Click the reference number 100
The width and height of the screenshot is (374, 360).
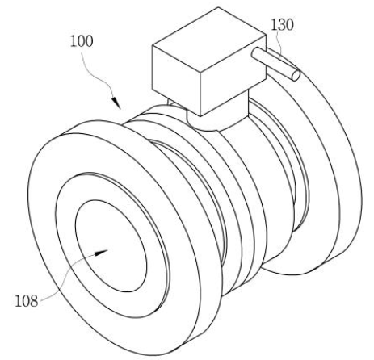(82, 41)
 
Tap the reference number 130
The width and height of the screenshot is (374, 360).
(282, 25)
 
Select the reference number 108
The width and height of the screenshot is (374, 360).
(27, 301)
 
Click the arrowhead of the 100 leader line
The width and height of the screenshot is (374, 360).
(116, 103)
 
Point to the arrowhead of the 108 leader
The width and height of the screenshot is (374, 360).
(100, 253)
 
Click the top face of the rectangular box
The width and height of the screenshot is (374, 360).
(209, 41)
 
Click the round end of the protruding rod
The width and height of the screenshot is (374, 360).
(296, 75)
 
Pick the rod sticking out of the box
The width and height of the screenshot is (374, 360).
(275, 64)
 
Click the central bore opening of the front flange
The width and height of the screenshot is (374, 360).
(111, 246)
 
